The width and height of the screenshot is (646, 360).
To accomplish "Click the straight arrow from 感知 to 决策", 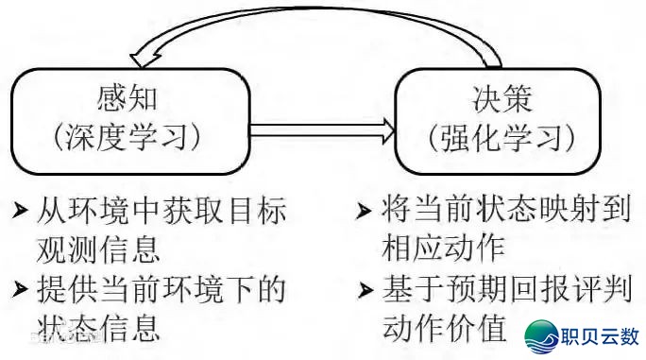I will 312,127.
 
